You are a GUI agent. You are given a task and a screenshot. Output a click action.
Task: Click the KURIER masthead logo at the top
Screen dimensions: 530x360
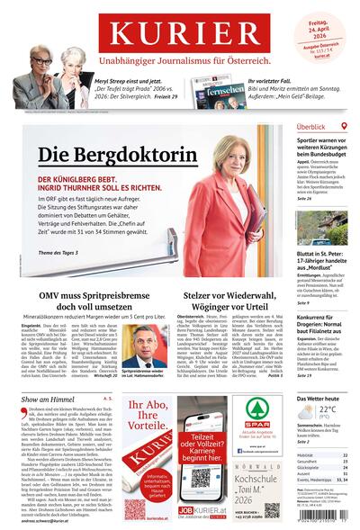[180, 31]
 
